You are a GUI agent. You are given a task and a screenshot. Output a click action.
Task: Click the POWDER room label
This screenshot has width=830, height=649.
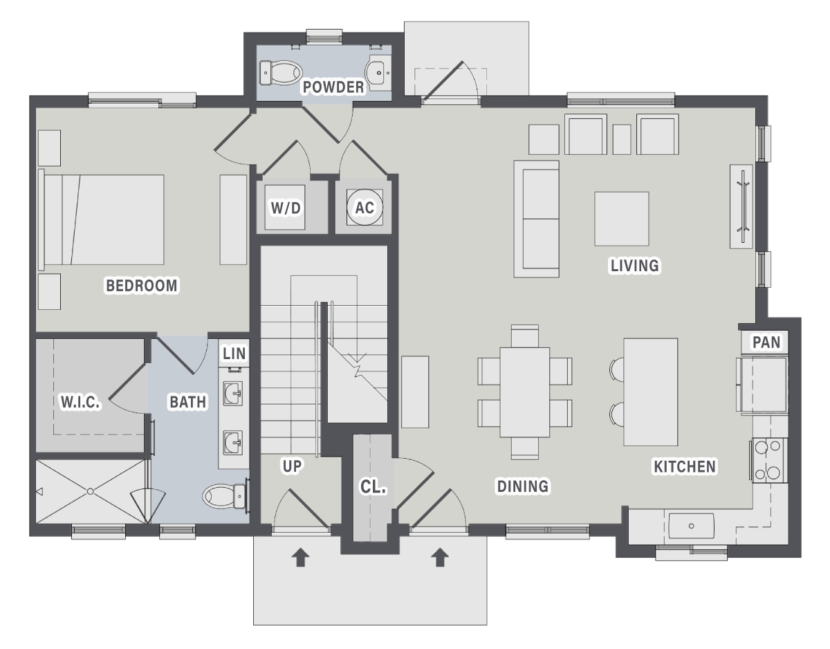coord(333,87)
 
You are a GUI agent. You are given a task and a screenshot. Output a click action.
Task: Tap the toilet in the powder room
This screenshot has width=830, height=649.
coord(281,73)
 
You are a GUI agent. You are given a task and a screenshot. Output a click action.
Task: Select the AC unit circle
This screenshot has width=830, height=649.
coord(365,207)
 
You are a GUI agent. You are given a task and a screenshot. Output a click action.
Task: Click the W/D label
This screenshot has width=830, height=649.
coord(286,208)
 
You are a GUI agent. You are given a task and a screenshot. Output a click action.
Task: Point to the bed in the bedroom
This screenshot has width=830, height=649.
coord(101,219)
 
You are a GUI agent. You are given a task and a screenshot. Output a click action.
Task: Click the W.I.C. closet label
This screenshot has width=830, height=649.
coord(81,401)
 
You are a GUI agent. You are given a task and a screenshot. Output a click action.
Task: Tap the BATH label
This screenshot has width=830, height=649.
coord(187,402)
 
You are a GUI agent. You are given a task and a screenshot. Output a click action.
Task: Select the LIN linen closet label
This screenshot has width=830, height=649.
coord(234,354)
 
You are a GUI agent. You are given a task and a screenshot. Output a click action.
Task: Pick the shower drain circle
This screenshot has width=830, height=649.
coord(90,492)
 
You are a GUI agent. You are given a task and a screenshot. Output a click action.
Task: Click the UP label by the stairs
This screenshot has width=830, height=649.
coord(292,466)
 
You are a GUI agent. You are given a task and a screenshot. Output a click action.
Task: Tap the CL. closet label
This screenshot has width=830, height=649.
coord(373,486)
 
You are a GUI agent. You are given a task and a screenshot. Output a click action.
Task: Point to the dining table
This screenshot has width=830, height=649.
coord(525,392)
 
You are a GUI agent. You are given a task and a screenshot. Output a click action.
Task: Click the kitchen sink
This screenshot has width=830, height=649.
coord(691,526)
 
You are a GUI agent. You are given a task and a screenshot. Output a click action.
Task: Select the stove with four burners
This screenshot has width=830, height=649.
coord(768,460)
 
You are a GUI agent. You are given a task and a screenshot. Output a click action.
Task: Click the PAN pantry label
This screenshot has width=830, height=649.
coord(766,342)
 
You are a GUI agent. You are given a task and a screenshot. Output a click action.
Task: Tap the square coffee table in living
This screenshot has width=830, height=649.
coord(621,219)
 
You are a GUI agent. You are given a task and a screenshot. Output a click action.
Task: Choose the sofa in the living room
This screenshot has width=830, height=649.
coord(537,219)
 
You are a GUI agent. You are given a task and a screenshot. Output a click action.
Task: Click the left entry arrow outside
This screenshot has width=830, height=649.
coord(300,557)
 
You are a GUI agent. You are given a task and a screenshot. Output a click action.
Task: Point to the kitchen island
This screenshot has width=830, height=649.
coord(651,392)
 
